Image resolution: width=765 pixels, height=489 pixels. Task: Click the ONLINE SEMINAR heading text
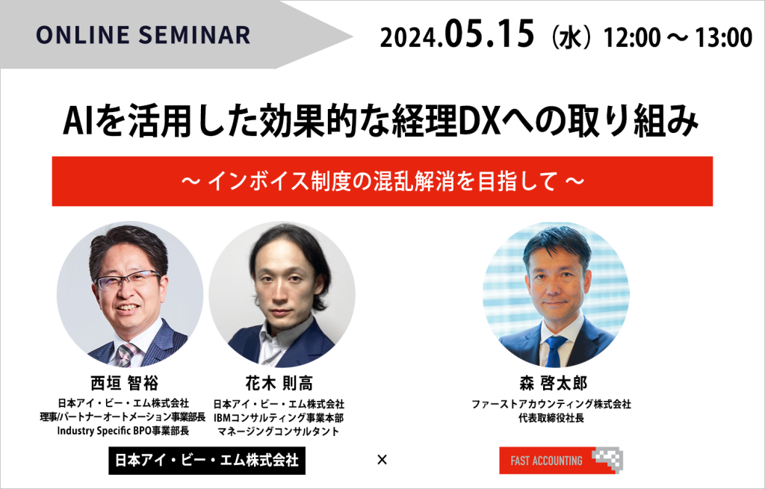pyautogui.click(x=143, y=35)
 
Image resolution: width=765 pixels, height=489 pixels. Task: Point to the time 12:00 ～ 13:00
pyautogui.click(x=678, y=37)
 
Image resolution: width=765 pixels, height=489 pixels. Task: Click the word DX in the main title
pyautogui.click(x=480, y=121)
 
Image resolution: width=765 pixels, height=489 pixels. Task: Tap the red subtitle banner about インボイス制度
pyautogui.click(x=382, y=181)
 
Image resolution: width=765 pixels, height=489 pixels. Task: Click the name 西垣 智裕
pyautogui.click(x=125, y=383)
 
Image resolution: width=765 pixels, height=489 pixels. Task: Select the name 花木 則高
pyautogui.click(x=279, y=383)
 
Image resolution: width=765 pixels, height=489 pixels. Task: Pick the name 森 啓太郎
pyautogui.click(x=553, y=383)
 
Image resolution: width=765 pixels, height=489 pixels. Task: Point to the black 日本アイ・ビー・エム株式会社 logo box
pyautogui.click(x=207, y=460)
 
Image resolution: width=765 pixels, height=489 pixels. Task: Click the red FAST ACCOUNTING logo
pyautogui.click(x=561, y=460)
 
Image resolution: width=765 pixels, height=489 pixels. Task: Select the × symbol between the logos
pyautogui.click(x=382, y=459)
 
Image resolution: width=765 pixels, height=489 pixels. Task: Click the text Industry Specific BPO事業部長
pyautogui.click(x=123, y=431)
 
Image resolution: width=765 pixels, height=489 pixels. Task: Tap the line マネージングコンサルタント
pyautogui.click(x=278, y=432)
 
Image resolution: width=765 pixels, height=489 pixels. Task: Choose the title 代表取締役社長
pyautogui.click(x=551, y=418)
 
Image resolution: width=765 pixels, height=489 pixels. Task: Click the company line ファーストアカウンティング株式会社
pyautogui.click(x=551, y=404)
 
